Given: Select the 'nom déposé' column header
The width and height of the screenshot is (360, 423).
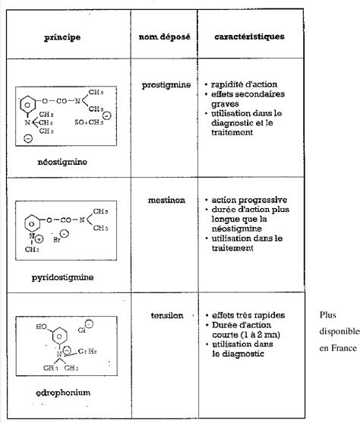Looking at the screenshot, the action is tap(164, 36).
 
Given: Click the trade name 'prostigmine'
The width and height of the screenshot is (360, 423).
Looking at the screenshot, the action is tap(166, 84).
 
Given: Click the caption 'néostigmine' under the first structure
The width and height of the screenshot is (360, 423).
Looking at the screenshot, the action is tap(68, 162).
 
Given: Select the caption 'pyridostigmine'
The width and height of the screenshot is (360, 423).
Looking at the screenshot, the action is tap(68, 277).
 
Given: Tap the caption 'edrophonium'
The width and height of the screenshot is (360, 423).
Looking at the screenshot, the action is tap(68, 393).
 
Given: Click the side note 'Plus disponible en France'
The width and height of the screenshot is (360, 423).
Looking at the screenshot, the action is tap(335, 331).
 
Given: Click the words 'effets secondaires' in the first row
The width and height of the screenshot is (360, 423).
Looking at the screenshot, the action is tap(245, 94).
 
